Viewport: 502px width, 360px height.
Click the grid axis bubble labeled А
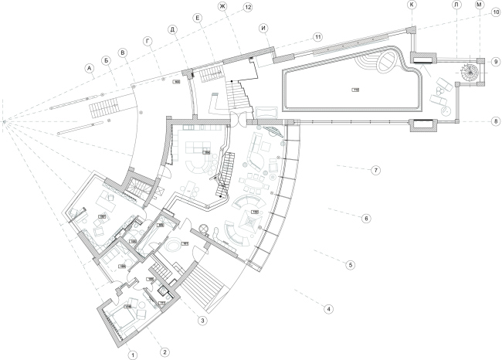(89, 68)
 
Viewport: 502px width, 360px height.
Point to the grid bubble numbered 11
(317, 36)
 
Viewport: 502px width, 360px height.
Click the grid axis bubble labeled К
(412, 5)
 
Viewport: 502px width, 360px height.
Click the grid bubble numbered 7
(375, 170)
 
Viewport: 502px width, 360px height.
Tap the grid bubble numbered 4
(329, 309)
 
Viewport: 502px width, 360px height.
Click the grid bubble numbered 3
(201, 320)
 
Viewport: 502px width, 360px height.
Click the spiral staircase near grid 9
(470, 73)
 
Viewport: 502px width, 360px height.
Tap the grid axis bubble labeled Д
(173, 29)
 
